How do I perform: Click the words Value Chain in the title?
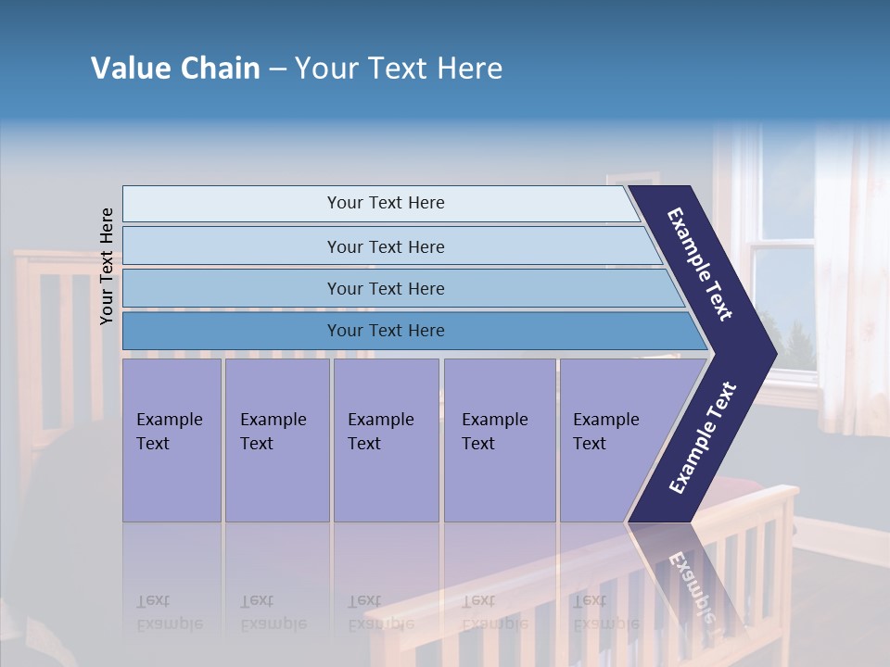[x=175, y=69]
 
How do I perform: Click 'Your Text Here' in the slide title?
[x=399, y=69]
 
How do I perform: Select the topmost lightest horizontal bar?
[x=380, y=203]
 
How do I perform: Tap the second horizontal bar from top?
[x=386, y=246]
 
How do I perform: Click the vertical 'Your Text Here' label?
[x=107, y=266]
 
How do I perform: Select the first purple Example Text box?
[x=172, y=440]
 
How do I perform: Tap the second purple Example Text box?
[x=276, y=440]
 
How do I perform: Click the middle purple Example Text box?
[x=385, y=440]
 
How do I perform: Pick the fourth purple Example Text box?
[x=499, y=440]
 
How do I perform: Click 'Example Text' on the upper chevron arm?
[x=700, y=265]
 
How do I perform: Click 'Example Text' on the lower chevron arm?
[x=703, y=437]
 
